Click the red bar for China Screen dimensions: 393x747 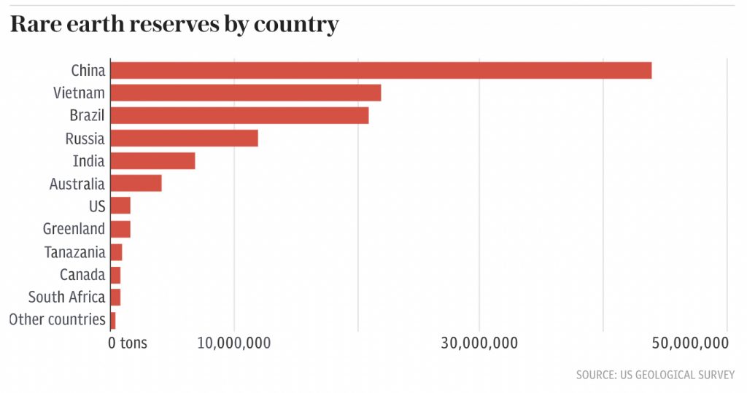380,71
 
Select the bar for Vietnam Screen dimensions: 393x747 246,93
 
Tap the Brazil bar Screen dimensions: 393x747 239,116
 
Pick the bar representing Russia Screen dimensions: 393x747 184,139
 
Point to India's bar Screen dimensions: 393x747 152,161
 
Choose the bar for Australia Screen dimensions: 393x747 136,184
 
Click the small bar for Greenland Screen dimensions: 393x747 120,229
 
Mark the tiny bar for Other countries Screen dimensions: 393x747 113,320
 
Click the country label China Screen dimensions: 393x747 88,71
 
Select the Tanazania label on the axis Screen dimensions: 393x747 74,252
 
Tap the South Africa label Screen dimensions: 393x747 66,297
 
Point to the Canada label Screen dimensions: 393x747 82,275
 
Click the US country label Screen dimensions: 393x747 97,206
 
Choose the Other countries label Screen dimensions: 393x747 57,320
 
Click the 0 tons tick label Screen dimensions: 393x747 128,343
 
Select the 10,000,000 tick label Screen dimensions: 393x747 234,343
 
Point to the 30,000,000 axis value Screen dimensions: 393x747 480,343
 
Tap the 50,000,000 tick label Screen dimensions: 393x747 690,343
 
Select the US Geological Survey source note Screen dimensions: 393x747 654,375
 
